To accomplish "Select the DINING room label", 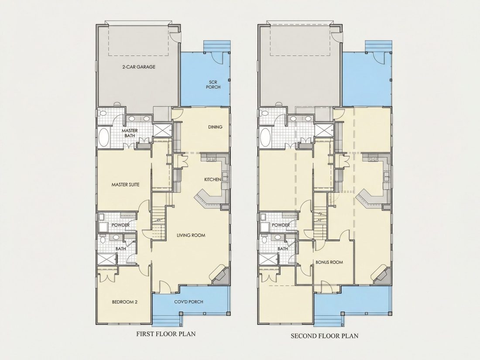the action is pos(215,127).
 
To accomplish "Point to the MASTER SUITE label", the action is pos(125,185).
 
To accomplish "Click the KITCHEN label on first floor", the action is pos(213,179).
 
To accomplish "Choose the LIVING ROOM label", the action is pos(191,235).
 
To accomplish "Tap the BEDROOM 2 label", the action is pos(125,302).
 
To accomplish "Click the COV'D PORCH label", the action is pos(189,302).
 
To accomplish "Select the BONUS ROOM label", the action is pos(329,262).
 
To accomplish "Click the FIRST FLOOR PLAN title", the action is pos(166,334).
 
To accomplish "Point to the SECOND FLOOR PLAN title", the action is pos(325,336).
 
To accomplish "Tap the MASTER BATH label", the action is pos(130,133).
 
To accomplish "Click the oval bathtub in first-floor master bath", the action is pos(104,138).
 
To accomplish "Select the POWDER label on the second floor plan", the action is pos(281,225).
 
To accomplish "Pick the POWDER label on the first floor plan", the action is pos(120,225).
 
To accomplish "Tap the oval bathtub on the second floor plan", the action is pos(265,138).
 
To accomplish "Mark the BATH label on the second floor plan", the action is pos(283,249).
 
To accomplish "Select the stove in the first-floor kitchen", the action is pos(212,159).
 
